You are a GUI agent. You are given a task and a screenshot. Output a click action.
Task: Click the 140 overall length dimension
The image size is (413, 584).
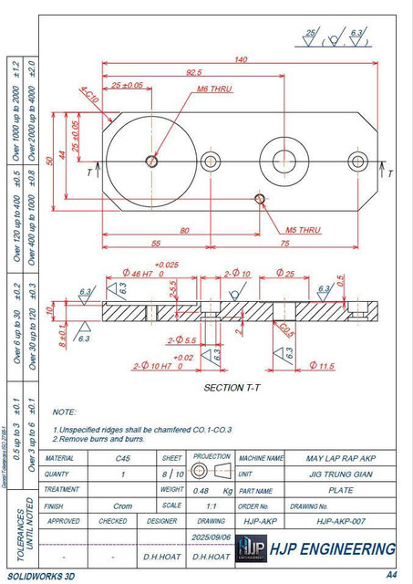pyautogui.click(x=241, y=59)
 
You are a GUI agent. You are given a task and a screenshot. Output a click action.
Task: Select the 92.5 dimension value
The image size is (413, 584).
pyautogui.click(x=193, y=72)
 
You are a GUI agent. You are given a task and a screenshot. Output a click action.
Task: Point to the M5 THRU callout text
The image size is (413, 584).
pyautogui.click(x=303, y=230)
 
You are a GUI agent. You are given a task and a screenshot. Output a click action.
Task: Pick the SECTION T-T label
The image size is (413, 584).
pyautogui.click(x=234, y=388)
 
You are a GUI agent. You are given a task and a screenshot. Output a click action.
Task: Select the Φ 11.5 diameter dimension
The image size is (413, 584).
pyautogui.click(x=323, y=366)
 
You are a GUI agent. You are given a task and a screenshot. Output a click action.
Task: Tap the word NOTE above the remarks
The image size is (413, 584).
pyautogui.click(x=65, y=412)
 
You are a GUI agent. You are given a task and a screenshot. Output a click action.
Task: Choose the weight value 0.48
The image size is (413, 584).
pyautogui.click(x=197, y=490)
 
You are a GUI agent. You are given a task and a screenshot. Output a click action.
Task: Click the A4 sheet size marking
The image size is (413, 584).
pyautogui.click(x=391, y=575)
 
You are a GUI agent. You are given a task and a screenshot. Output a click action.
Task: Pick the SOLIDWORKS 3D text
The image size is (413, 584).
pyautogui.click(x=41, y=576)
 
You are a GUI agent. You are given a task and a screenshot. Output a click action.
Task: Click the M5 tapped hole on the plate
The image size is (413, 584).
pyautogui.click(x=260, y=198)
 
